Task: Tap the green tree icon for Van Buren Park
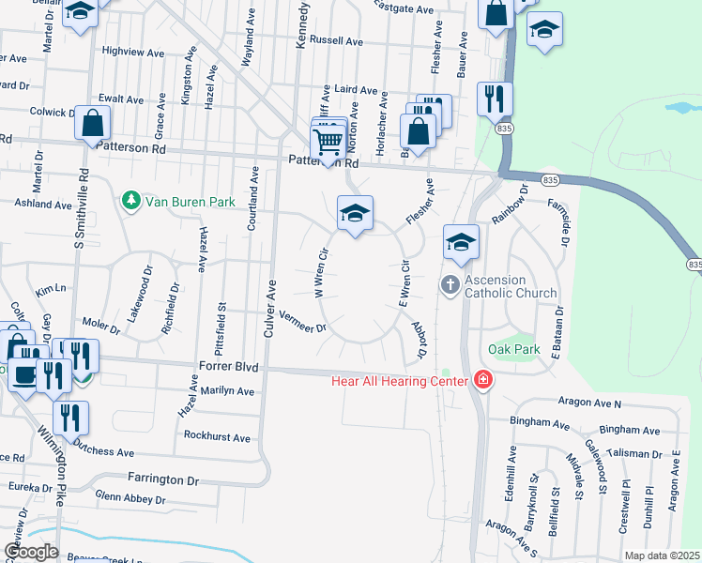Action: click(x=131, y=201)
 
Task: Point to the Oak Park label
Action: click(x=514, y=349)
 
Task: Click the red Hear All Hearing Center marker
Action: click(x=482, y=380)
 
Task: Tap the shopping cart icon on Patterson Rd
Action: click(x=327, y=144)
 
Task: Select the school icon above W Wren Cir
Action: click(x=355, y=214)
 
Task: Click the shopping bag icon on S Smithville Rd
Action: click(x=92, y=124)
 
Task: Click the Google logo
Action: click(x=31, y=552)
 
